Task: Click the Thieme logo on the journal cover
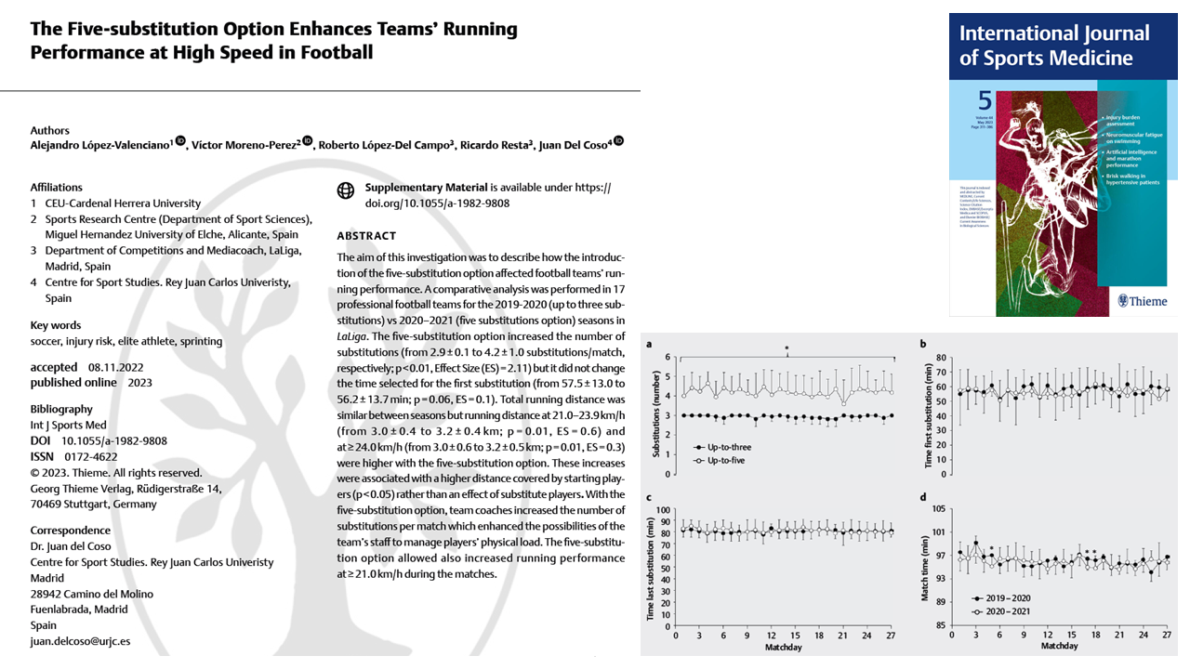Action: coord(1142,300)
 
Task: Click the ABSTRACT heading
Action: coord(366,236)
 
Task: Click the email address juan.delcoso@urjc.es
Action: coord(80,641)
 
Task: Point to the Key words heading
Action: coord(55,325)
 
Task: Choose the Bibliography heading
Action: coord(61,409)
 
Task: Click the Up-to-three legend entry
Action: coord(725,448)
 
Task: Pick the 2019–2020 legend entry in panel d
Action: coord(1004,599)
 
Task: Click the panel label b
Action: coord(922,345)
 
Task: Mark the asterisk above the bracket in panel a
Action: coord(787,349)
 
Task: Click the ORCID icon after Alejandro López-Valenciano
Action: coord(180,142)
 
